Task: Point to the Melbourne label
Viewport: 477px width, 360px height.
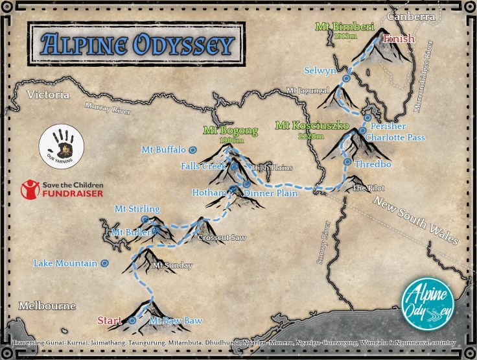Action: (x=47, y=306)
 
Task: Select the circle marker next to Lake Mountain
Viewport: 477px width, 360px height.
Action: (x=104, y=263)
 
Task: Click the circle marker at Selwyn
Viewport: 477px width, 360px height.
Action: (x=346, y=78)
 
